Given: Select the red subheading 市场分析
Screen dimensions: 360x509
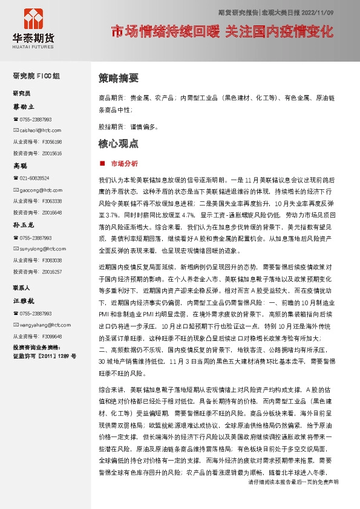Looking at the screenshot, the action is point(125,163).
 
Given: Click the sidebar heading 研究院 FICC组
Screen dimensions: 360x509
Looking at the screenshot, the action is point(37,76).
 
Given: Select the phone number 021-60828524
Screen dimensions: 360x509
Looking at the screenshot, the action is point(34,178).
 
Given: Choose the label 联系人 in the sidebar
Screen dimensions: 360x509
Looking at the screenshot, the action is point(22,287).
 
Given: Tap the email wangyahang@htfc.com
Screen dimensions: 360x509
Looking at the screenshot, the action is point(42,325).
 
